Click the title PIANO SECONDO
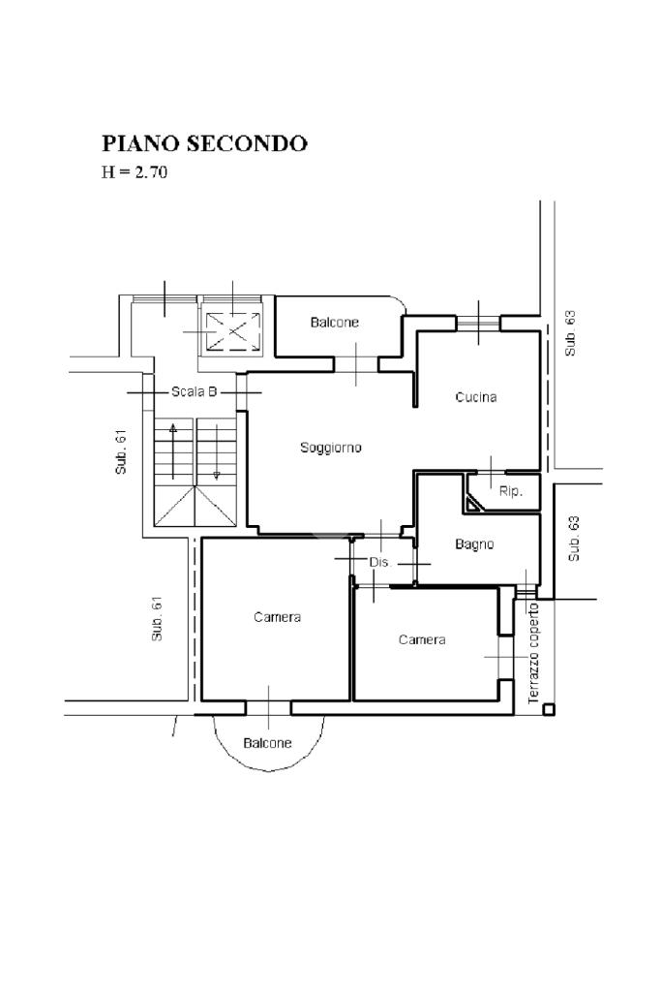click(204, 143)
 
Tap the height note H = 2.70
click(135, 171)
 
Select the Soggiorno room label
click(331, 448)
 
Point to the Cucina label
click(475, 397)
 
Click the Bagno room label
click(474, 544)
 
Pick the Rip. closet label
click(510, 491)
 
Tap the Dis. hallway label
click(380, 562)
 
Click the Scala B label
click(195, 392)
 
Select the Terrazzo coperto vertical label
click(533, 653)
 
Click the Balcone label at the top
click(335, 323)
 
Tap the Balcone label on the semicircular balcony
click(267, 743)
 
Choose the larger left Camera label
click(277, 617)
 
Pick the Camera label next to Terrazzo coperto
click(422, 639)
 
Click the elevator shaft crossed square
click(233, 331)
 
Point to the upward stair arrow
click(173, 450)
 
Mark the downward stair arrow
click(217, 450)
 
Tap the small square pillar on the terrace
click(549, 709)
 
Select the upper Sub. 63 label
click(571, 333)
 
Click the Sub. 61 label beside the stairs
click(121, 452)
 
